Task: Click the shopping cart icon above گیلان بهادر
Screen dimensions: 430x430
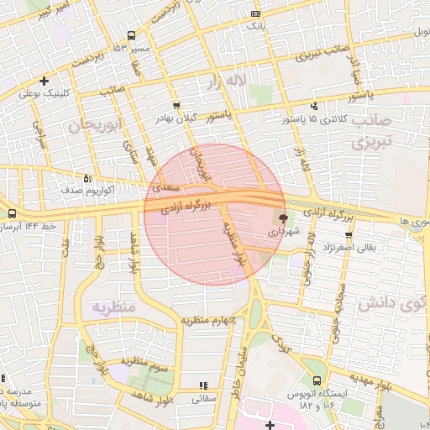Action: tap(176, 106)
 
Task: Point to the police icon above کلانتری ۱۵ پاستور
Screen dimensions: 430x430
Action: tap(314, 106)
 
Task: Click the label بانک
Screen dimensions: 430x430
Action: tap(255, 27)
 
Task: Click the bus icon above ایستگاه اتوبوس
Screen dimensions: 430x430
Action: tap(316, 380)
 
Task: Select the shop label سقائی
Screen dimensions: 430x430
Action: tap(205, 399)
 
